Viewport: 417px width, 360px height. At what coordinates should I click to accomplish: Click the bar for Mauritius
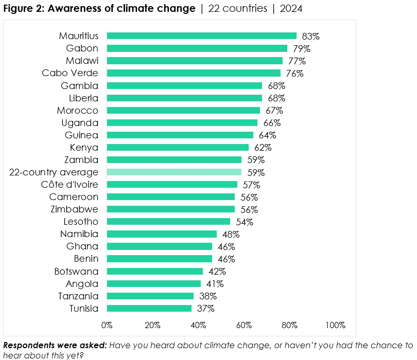click(201, 36)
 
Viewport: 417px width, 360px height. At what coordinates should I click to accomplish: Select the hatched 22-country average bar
click(173, 172)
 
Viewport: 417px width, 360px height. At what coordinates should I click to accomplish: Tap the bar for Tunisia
click(149, 309)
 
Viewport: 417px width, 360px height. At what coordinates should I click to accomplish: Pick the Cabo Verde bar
click(194, 73)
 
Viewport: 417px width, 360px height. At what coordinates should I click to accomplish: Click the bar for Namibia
click(162, 234)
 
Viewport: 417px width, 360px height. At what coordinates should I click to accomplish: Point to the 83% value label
click(311, 37)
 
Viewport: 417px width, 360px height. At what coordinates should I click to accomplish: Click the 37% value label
click(205, 309)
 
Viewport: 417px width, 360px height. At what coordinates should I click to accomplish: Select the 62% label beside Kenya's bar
click(263, 148)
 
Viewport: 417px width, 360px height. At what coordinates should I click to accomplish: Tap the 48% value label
click(231, 235)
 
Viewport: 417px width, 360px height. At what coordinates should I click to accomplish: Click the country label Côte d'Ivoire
click(70, 185)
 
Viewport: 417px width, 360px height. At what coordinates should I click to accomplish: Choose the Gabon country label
click(82, 48)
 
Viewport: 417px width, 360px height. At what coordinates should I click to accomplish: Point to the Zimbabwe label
click(74, 209)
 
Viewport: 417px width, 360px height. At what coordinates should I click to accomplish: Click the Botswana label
click(76, 271)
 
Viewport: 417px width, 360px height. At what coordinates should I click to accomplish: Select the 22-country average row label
click(54, 172)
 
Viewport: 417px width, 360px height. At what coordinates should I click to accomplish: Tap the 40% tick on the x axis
click(198, 325)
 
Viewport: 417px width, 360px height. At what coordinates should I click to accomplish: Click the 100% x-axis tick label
click(335, 325)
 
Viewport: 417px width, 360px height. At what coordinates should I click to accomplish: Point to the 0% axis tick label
click(107, 325)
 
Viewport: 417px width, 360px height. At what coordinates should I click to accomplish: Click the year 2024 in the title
click(291, 9)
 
